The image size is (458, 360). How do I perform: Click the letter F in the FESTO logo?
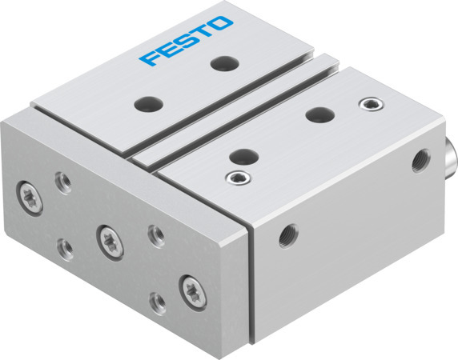150,58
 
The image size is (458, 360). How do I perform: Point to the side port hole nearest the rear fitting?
417,164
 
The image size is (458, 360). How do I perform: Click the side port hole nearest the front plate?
285,237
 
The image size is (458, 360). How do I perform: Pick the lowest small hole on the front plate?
158,303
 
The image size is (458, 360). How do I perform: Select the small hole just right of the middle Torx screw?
155,235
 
